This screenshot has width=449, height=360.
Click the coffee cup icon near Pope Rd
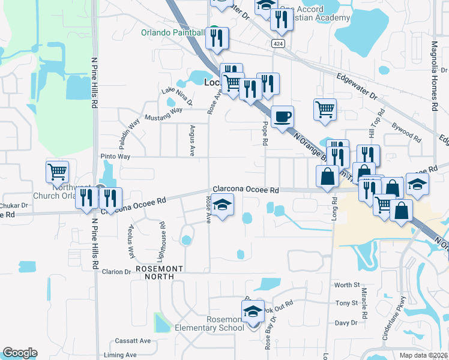tap(282, 116)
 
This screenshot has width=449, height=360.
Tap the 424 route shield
tap(277, 44)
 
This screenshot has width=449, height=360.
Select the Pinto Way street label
tap(116, 156)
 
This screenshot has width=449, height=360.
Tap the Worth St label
tap(347, 285)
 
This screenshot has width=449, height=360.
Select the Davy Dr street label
tap(346, 323)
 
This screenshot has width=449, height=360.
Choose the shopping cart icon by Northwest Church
tap(57, 172)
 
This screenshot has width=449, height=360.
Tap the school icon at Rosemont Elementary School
tap(253, 312)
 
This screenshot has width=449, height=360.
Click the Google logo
tap(20, 353)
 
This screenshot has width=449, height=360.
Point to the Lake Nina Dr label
tap(176, 96)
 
